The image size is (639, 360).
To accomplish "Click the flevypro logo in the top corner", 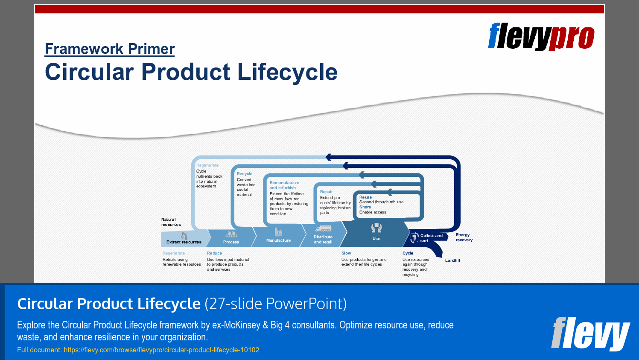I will pos(541,37).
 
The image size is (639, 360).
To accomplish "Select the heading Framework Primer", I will pos(110,49).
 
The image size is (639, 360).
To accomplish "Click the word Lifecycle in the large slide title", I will pos(287,72).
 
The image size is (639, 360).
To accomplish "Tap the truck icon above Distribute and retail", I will pos(323,228).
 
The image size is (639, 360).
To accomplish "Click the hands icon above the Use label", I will pos(376,228).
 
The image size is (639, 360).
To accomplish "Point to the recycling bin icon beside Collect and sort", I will pos(414,238).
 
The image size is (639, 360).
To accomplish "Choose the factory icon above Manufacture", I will pos(278,231).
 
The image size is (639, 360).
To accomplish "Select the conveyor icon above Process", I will pos(231,234).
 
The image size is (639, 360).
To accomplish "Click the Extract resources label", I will pos(184,242).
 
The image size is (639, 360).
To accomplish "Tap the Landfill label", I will pos(452,260).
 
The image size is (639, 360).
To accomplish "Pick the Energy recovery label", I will pos(464,237).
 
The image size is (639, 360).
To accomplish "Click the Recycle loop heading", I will pos(245,174).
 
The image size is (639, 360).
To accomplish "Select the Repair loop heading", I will pos(326,192).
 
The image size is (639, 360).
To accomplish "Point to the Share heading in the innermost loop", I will pos(365,207).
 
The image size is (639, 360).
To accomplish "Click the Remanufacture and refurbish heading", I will pos(284,185).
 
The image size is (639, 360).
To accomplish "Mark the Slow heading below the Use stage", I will pos(346,253).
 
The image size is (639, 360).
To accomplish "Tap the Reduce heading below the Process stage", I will pos(214,253).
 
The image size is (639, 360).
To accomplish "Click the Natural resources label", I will pos(171,222).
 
